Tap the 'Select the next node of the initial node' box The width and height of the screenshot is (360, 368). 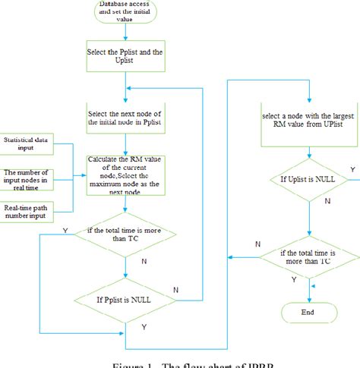coord(125,118)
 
